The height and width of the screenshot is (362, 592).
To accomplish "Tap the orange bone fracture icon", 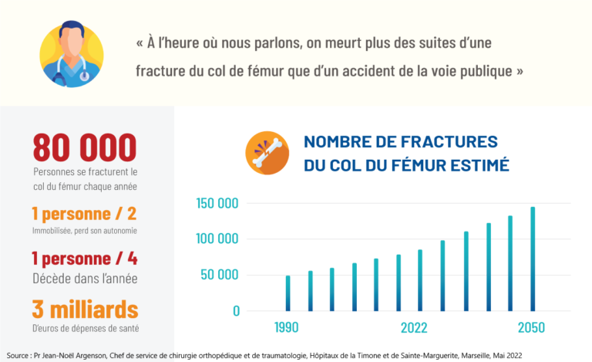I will (267, 153).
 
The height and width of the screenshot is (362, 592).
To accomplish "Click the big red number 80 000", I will (85, 147).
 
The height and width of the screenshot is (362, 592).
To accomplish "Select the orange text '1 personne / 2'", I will (84, 214).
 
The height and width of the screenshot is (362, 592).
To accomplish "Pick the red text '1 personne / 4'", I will (84, 259).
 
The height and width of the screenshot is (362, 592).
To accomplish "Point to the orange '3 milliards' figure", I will (85, 310).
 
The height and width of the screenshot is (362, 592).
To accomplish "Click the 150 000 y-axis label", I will (218, 204).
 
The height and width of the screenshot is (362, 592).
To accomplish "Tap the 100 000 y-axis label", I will (218, 239).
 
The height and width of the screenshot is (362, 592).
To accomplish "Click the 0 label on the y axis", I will (237, 310).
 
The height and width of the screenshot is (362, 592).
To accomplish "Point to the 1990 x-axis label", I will (287, 328).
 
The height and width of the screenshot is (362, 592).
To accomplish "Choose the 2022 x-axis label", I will (414, 328).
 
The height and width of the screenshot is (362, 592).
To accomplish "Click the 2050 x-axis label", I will (532, 328).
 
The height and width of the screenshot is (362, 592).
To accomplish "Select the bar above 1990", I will (288, 293).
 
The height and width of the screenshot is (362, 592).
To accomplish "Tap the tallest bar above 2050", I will (533, 259).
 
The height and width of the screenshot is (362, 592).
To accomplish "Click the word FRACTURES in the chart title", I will (455, 142).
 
